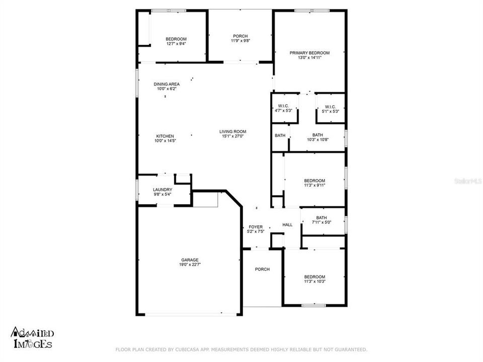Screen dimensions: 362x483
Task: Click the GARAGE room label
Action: point(190,260)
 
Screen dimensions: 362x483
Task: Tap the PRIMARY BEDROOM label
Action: point(309,53)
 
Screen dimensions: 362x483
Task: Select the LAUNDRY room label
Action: point(163,190)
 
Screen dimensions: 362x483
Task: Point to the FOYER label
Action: point(256,227)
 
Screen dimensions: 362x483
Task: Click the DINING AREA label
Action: point(167,84)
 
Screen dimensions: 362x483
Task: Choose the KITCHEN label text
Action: point(165,136)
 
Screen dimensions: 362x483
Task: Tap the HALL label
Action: point(287,225)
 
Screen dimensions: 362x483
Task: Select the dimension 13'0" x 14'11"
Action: point(309,58)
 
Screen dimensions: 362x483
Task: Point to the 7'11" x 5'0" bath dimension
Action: point(321,222)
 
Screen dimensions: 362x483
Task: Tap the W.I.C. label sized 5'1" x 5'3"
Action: point(330,107)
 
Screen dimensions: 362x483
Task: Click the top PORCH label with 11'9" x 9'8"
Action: point(240,36)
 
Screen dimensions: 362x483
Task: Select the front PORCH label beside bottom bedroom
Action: point(262,269)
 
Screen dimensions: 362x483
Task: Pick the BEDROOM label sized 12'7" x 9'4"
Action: point(176,39)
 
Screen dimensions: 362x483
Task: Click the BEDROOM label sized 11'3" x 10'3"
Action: point(314,277)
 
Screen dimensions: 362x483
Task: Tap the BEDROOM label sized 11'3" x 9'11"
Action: point(314,180)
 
